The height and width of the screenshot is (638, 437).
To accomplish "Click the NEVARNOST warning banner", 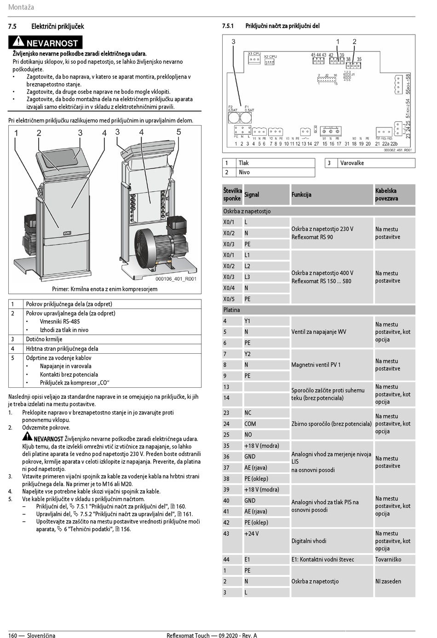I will point(46,43).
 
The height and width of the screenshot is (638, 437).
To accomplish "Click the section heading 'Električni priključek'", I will point(57,27).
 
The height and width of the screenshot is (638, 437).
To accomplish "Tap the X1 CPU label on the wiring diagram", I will point(254,54).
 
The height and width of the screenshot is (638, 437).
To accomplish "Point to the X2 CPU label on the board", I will point(270,57).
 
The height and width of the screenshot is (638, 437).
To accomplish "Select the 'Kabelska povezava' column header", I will point(395,195).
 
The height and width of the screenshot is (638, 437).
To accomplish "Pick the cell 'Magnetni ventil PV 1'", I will point(316,365).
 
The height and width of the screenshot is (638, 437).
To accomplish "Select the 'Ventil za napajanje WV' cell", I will point(318,332).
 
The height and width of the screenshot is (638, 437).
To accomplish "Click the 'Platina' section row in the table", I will point(231,310).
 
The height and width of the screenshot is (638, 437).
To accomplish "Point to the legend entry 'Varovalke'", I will point(352,163).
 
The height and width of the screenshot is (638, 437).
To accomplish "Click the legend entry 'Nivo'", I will point(244,172).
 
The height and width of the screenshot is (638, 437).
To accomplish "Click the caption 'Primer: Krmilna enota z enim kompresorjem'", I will point(104,289).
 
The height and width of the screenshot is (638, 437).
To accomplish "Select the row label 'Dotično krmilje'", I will point(44,339).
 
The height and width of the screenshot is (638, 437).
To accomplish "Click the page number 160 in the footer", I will point(13,636).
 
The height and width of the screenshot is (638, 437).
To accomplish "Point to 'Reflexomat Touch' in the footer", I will point(188,636).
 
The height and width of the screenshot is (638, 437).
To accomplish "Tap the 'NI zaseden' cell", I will point(388,581).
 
